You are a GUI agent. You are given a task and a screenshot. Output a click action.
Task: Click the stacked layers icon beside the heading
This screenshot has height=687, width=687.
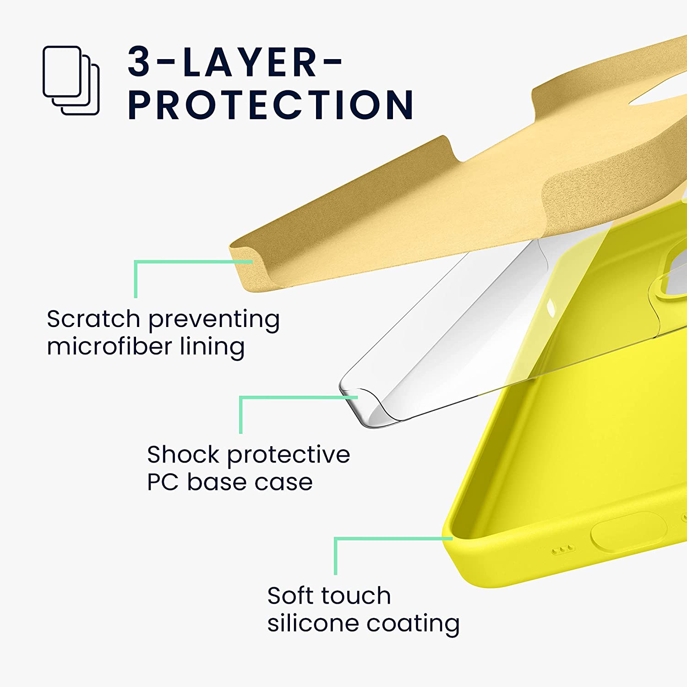point(71,80)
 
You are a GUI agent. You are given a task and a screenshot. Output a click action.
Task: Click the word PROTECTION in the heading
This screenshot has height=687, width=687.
point(270,105)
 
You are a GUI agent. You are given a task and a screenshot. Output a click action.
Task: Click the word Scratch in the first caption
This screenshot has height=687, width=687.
point(93,319)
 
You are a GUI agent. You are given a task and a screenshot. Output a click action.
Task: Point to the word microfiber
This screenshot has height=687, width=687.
point(109,346)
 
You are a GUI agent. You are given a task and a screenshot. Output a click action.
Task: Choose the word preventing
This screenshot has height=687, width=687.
point(213,320)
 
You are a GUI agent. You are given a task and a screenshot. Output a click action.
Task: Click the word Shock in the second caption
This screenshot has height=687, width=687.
point(183,454)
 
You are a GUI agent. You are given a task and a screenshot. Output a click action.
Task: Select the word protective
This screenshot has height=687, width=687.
point(289,455)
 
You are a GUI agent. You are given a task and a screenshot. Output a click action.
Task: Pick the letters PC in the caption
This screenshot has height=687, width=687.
point(163,482)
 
